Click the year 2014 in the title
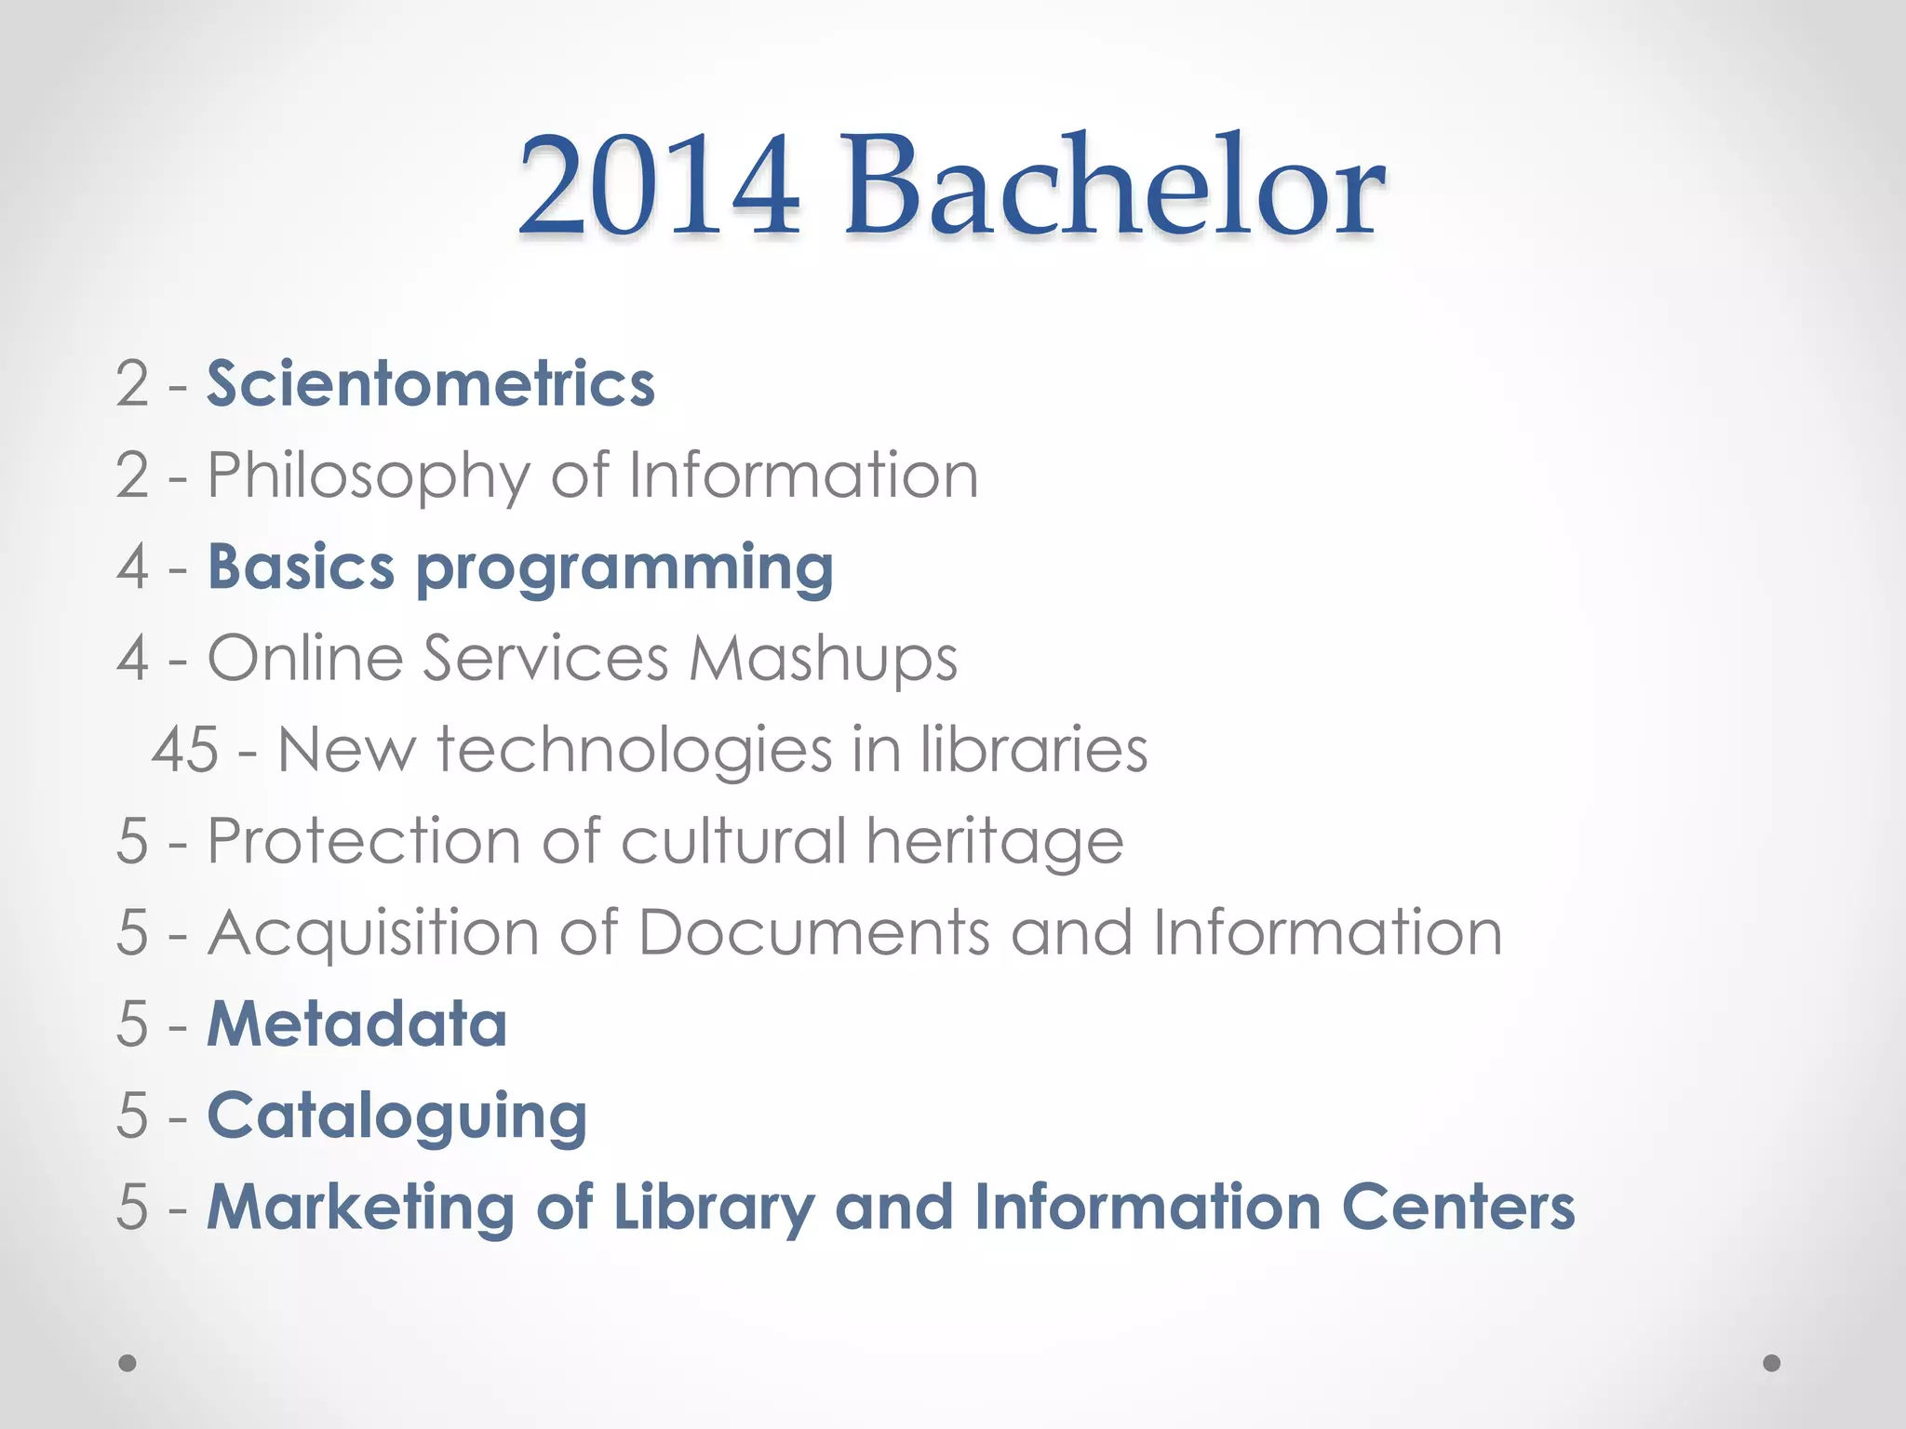(659, 186)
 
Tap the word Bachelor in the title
(1114, 186)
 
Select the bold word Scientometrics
(431, 383)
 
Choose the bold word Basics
(301, 567)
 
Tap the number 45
(185, 749)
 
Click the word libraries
(1034, 749)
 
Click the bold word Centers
(1458, 1207)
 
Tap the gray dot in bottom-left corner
(128, 1363)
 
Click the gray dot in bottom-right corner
(1772, 1363)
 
